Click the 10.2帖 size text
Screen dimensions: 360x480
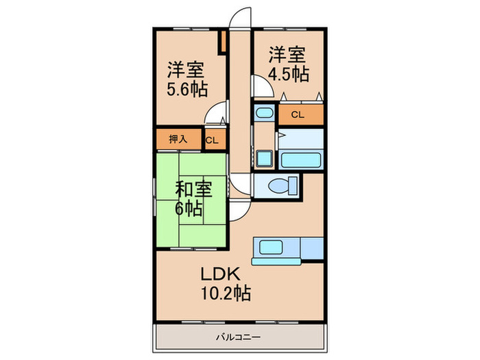coord(224,295)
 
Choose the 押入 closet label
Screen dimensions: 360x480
coord(178,139)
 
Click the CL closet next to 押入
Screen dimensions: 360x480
coord(213,141)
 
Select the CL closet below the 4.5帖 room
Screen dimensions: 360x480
coord(298,115)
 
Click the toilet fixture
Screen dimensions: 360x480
coord(282,185)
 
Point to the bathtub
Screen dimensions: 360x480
coord(300,160)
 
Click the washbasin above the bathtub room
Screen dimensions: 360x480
coord(263,114)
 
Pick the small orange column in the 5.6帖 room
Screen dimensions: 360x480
coord(222,43)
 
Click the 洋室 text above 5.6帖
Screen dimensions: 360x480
coord(187,70)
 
